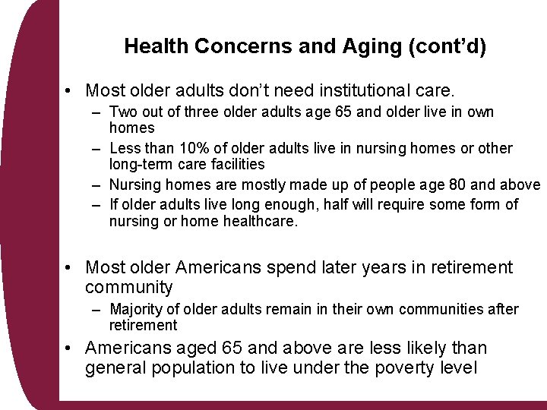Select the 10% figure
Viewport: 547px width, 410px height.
pyautogui.click(x=194, y=149)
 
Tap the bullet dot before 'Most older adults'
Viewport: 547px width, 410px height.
pyautogui.click(x=69, y=92)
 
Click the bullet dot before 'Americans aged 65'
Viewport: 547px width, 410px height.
pyautogui.click(x=69, y=348)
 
